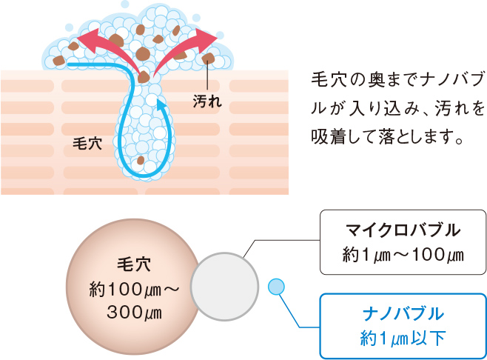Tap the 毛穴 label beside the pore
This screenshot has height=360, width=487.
pos(89,144)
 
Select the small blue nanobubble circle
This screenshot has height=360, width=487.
pos(275,285)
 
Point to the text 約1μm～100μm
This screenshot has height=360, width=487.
pos(403,256)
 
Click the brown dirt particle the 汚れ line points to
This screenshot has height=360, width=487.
pos(209,58)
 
